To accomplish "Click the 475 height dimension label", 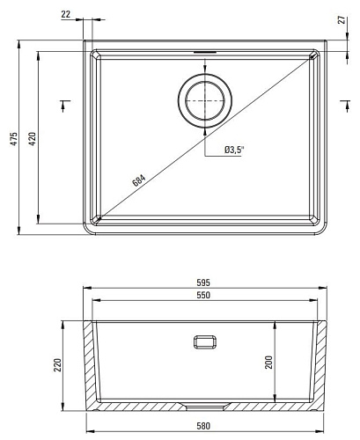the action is click(x=14, y=139).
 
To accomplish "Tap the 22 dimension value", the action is click(x=66, y=14).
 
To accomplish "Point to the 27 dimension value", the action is click(x=342, y=20).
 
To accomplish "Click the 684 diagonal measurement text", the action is click(x=139, y=180).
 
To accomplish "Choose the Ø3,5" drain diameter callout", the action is click(x=234, y=150).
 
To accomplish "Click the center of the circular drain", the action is click(x=205, y=101).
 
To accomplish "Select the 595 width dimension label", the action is click(x=203, y=282).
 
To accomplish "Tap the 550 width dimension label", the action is click(x=203, y=295).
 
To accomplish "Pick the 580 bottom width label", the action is click(x=203, y=426).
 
